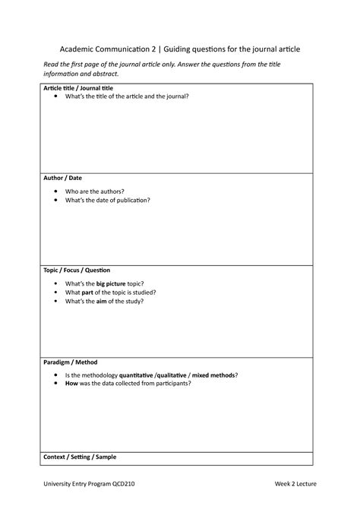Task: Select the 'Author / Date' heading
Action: (x=62, y=178)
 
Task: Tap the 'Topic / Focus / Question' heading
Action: (x=77, y=270)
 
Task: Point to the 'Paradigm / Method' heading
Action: (x=70, y=362)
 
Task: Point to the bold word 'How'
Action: (x=72, y=384)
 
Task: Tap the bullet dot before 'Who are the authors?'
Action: (x=57, y=191)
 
